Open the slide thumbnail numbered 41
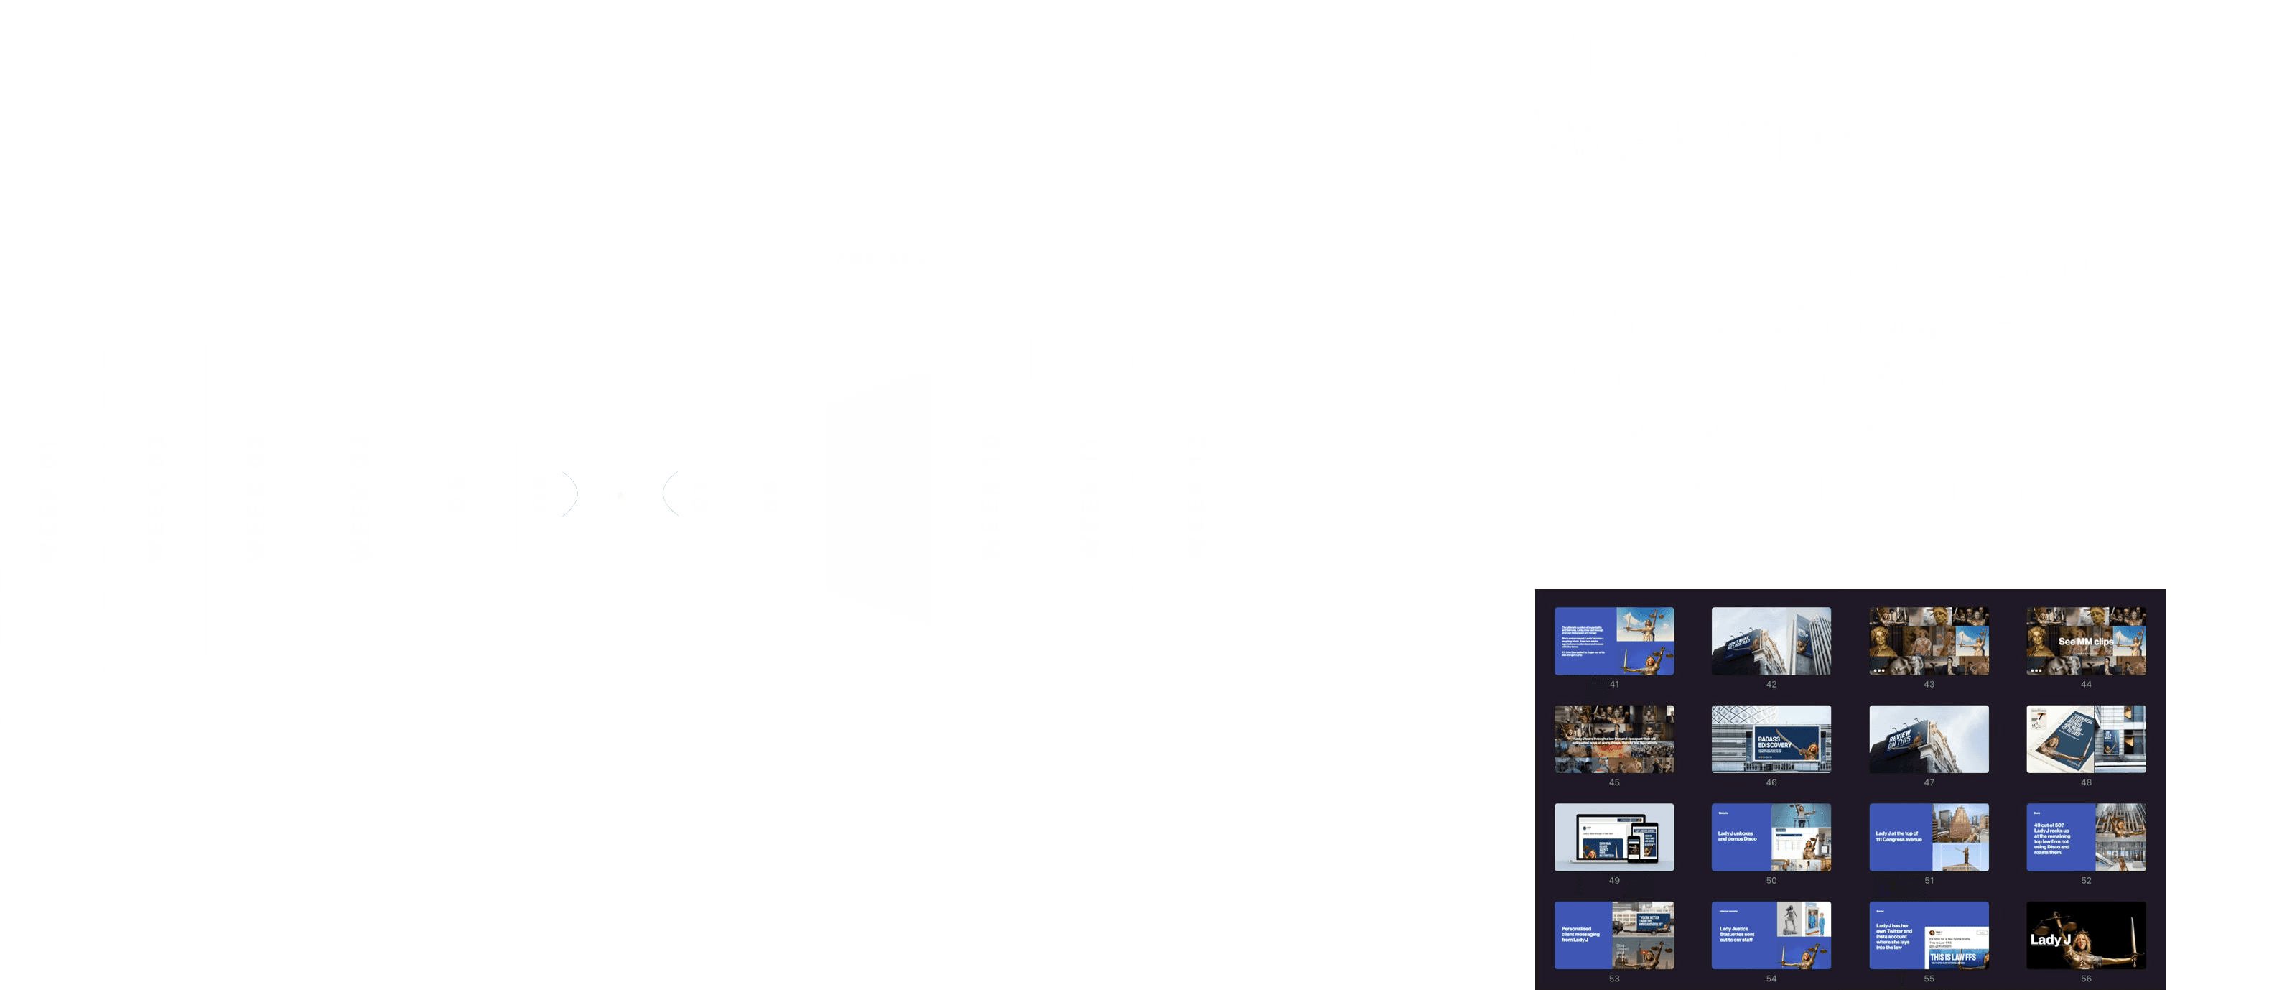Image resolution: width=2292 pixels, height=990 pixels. (1614, 641)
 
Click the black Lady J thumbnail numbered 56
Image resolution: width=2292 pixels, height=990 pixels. (2086, 935)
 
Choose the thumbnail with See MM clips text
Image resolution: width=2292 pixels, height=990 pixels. (2086, 641)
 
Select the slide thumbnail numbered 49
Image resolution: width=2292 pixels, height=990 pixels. (1614, 837)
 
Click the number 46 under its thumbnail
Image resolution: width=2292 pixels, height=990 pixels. (1771, 782)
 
